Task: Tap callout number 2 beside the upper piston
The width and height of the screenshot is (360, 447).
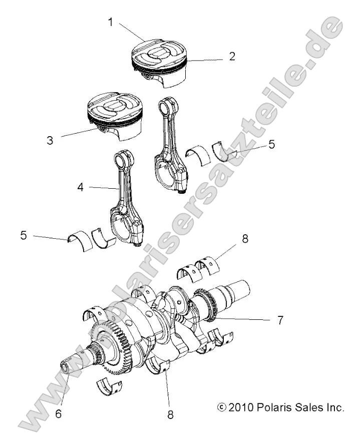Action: (x=232, y=56)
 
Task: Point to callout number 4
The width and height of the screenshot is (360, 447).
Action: (x=81, y=188)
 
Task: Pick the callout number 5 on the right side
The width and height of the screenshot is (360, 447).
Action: (x=271, y=144)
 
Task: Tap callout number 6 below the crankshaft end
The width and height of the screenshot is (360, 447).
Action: (x=59, y=415)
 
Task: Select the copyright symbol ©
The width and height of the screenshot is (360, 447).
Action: (x=222, y=406)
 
